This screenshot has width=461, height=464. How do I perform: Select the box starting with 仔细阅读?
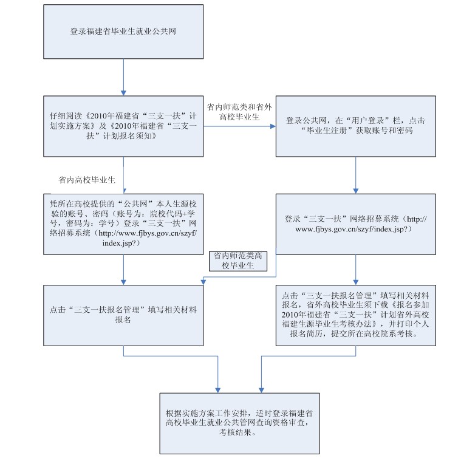tap(124, 126)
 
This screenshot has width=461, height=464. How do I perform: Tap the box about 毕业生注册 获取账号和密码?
tap(355, 126)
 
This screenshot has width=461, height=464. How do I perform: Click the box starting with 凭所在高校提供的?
tap(124, 223)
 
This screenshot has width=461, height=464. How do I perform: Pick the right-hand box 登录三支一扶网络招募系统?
tap(355, 223)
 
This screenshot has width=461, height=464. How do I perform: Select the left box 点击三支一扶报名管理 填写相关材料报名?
tap(124, 315)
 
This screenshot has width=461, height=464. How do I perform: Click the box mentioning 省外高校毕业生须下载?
tap(355, 315)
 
